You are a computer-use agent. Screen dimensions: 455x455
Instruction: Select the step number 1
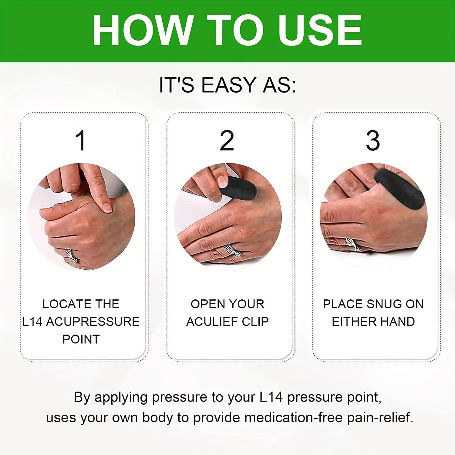81,141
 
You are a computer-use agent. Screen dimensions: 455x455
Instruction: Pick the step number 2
227,141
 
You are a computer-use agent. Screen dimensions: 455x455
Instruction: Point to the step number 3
373,141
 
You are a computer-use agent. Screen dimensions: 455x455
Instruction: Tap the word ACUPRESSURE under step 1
93,322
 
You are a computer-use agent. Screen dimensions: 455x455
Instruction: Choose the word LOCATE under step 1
62,304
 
